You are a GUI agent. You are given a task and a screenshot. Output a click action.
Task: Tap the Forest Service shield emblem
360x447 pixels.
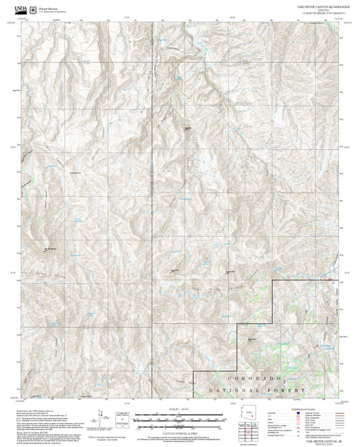point(34,9)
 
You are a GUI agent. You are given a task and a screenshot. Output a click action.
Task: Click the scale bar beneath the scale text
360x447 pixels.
point(180,417)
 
